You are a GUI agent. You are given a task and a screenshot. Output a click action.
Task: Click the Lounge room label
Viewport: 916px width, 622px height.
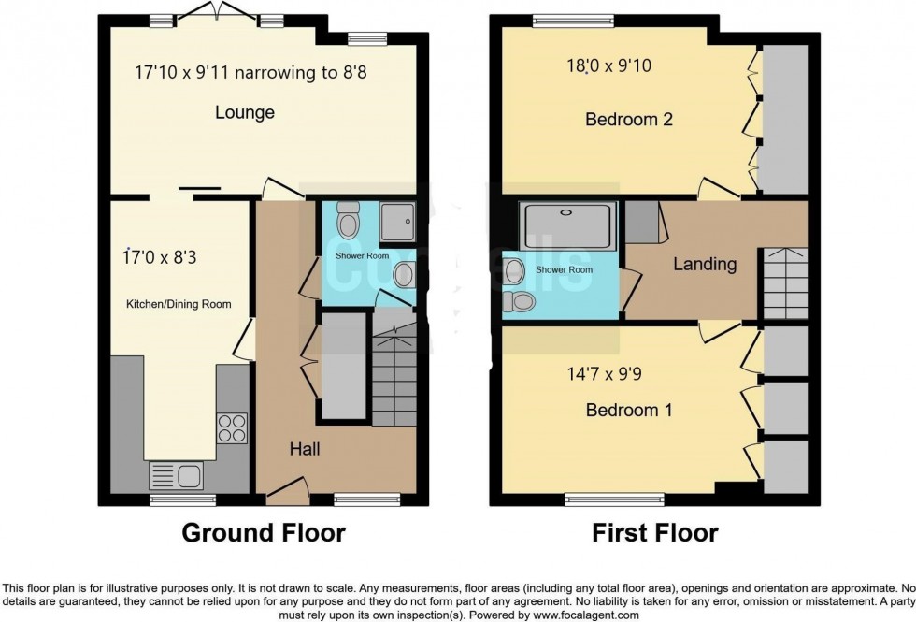(245, 113)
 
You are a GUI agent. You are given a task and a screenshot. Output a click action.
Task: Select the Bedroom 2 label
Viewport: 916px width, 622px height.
(629, 120)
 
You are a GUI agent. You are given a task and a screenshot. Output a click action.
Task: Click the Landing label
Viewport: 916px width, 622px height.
(705, 264)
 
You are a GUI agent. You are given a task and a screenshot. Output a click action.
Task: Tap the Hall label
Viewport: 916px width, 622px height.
(305, 449)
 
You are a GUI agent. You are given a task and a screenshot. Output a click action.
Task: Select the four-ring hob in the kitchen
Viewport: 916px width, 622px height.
(231, 427)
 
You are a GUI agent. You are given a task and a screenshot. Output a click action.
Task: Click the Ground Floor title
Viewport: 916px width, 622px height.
(263, 533)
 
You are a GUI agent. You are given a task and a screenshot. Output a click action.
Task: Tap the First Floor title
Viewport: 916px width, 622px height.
(654, 533)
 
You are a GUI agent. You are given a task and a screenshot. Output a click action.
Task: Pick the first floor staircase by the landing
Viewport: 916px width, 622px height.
(784, 282)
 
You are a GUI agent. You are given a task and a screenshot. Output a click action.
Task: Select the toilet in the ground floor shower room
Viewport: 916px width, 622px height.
(350, 221)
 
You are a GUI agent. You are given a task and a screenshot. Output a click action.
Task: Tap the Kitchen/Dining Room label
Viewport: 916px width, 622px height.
(179, 304)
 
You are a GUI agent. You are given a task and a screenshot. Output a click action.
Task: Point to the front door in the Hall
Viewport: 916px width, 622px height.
(289, 488)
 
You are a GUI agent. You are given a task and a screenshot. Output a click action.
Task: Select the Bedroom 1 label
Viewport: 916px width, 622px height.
(623, 410)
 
